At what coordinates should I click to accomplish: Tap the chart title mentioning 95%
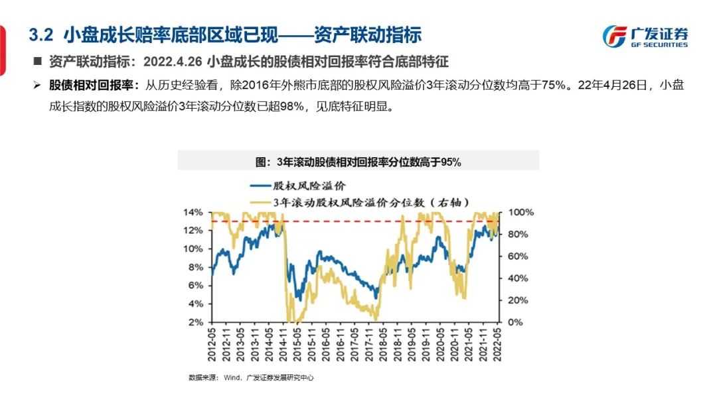[358, 160]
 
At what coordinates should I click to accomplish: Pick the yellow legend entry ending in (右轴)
[362, 201]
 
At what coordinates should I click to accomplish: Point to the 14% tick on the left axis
[193, 212]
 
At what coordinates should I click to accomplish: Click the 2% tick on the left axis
[195, 322]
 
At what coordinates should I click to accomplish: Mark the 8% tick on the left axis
[195, 267]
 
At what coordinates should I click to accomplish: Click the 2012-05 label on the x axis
[212, 345]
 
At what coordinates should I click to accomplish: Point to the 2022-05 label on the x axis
[499, 345]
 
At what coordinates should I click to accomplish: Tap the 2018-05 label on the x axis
[384, 345]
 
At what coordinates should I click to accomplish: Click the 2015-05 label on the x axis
[298, 345]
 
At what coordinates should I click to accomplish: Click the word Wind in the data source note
[231, 378]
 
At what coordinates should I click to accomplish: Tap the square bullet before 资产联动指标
[38, 62]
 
